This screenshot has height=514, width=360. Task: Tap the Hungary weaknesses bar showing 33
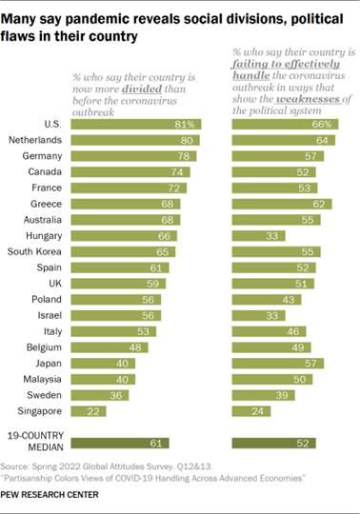tap(255, 235)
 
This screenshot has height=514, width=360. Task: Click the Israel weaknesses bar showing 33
tap(255, 315)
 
